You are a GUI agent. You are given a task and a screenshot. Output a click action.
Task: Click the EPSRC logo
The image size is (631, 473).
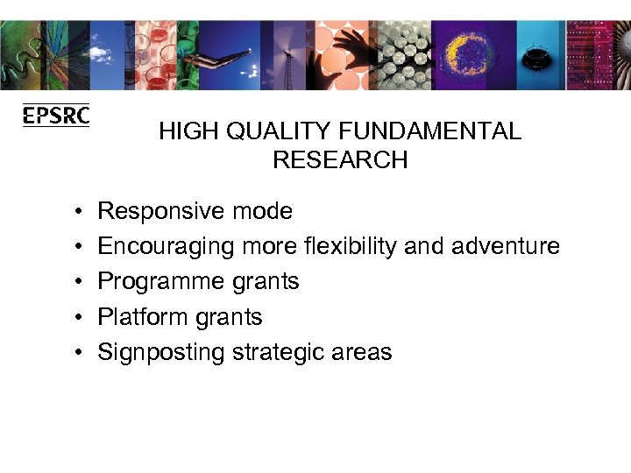click(x=56, y=116)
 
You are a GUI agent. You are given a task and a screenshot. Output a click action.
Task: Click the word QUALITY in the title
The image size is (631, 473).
click(x=263, y=132)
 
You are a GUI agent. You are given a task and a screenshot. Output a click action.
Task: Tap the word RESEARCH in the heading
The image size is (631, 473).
click(x=340, y=160)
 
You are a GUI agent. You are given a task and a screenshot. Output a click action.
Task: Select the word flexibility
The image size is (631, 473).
click(x=353, y=246)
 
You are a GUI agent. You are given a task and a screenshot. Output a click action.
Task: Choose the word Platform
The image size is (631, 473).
click(x=141, y=316)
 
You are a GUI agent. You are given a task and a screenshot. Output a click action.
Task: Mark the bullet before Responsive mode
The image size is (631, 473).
click(x=78, y=212)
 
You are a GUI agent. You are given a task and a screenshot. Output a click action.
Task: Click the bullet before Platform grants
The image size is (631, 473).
click(x=78, y=317)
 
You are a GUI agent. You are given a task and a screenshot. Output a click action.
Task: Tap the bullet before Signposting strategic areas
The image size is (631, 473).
click(x=78, y=352)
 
